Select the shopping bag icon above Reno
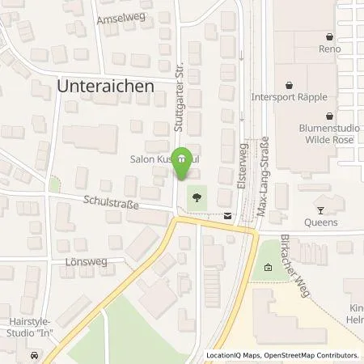click(329, 36)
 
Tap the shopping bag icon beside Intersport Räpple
click(288, 84)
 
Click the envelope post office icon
click(227, 215)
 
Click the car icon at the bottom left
click(33, 355)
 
